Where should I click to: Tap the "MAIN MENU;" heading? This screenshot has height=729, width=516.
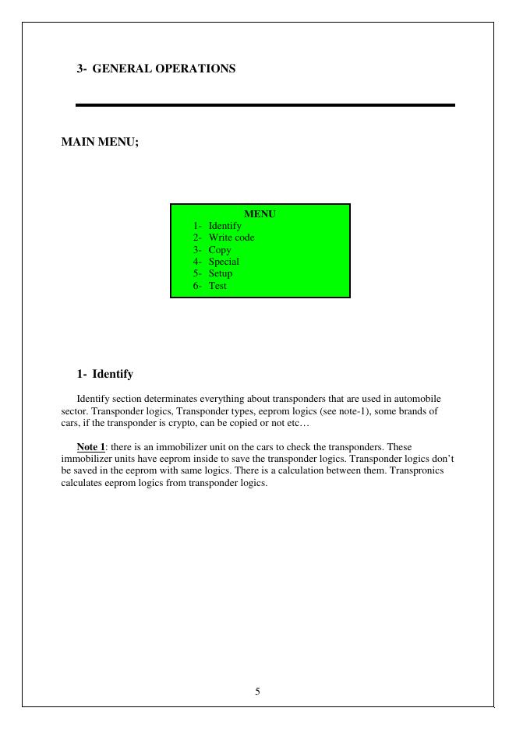(100, 142)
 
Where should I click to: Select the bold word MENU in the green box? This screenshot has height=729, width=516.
(260, 213)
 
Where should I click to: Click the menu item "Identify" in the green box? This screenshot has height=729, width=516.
(224, 226)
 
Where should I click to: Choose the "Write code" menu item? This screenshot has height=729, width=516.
(231, 238)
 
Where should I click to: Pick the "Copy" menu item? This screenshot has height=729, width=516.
(219, 250)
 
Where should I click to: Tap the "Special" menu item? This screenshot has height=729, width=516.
(223, 262)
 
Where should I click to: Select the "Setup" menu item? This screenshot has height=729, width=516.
(220, 273)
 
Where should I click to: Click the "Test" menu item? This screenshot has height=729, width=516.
(217, 286)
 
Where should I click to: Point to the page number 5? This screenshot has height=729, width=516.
(257, 691)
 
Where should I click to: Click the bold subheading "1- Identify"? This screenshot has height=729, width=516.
(104, 374)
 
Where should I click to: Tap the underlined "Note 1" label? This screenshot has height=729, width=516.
(90, 447)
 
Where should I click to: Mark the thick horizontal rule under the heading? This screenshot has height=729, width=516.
(265, 104)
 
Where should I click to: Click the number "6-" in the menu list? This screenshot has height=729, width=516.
(198, 286)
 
